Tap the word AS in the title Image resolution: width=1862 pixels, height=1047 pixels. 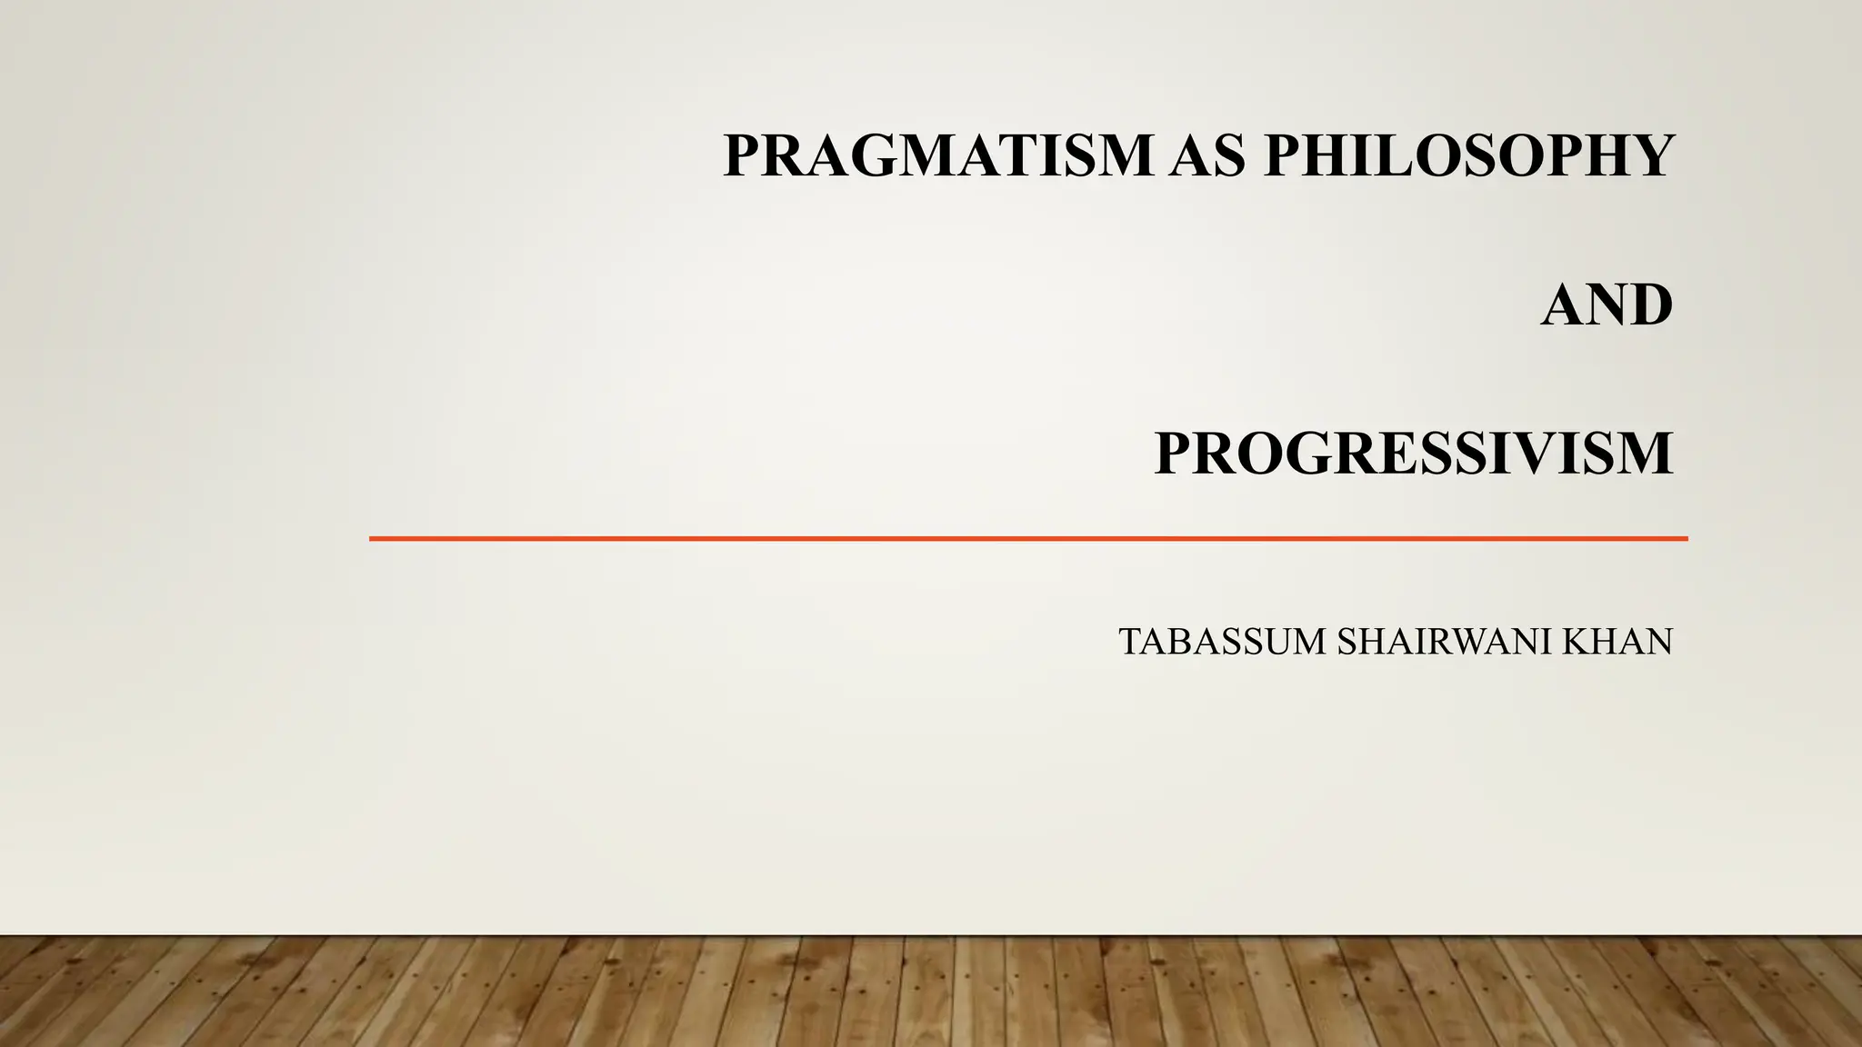(1208, 155)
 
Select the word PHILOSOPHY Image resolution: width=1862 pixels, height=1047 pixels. (1468, 155)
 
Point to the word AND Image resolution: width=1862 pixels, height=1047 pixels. (1607, 304)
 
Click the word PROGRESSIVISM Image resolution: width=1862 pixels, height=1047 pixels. (1413, 454)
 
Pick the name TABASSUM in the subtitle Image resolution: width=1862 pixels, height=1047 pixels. (1222, 642)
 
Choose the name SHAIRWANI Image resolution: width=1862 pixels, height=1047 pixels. (1446, 642)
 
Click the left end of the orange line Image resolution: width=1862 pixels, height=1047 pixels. (372, 539)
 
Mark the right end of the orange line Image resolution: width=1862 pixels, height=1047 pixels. (1686, 539)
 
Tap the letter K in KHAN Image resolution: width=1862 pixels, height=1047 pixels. (1576, 642)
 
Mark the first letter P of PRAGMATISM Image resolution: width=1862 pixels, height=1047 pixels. (744, 155)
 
